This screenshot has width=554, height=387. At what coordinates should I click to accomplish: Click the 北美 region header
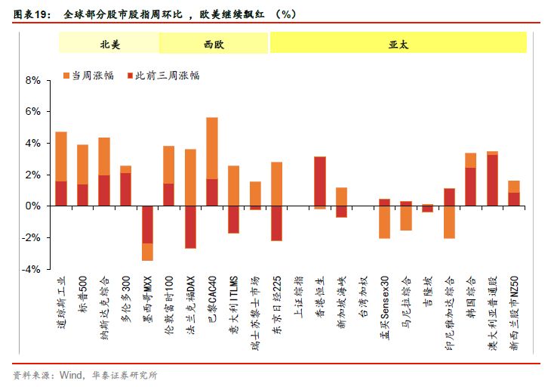click(x=110, y=45)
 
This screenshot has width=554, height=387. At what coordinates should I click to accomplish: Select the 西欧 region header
click(x=214, y=45)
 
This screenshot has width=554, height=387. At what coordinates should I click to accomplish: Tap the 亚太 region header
click(x=399, y=45)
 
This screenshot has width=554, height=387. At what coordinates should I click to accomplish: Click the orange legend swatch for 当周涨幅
click(x=66, y=76)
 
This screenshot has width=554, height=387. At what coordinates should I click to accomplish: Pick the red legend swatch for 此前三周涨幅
click(x=129, y=76)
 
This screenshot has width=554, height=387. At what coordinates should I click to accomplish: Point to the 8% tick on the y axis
click(x=33, y=79)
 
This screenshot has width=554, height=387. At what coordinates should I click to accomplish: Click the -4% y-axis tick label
click(x=32, y=269)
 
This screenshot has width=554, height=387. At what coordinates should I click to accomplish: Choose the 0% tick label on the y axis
click(x=33, y=206)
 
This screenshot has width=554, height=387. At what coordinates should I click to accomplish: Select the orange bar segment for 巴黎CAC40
click(x=212, y=148)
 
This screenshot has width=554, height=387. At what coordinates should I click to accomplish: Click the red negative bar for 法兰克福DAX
click(x=190, y=227)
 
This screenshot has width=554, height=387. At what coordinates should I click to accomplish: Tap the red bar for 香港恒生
click(x=320, y=181)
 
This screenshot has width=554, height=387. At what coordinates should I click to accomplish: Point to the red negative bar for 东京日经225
click(x=277, y=223)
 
